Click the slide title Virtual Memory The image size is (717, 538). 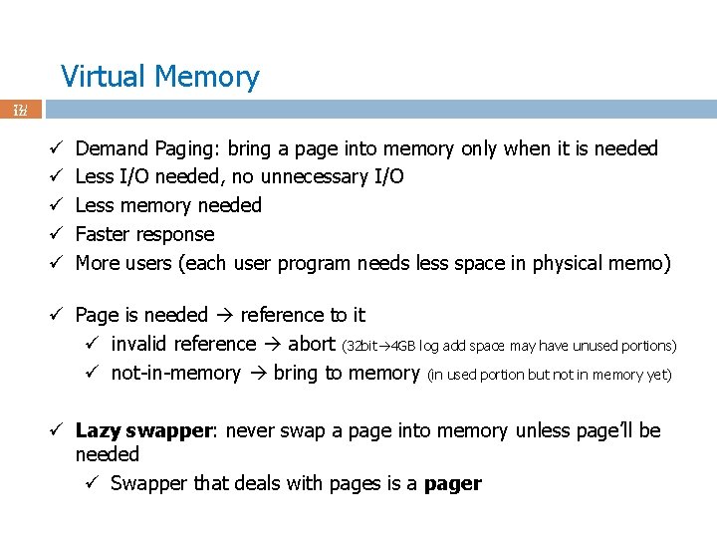(159, 77)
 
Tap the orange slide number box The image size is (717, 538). (20, 110)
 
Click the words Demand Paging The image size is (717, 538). (146, 148)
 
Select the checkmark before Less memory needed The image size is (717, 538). (57, 205)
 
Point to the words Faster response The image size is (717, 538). (144, 234)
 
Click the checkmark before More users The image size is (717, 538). (57, 263)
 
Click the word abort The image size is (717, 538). (311, 344)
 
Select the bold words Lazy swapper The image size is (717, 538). (145, 430)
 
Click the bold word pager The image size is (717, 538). (452, 483)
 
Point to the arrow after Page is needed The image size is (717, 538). (224, 315)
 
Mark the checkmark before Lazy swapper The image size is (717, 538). (57, 430)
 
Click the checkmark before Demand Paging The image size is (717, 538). (57, 148)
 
